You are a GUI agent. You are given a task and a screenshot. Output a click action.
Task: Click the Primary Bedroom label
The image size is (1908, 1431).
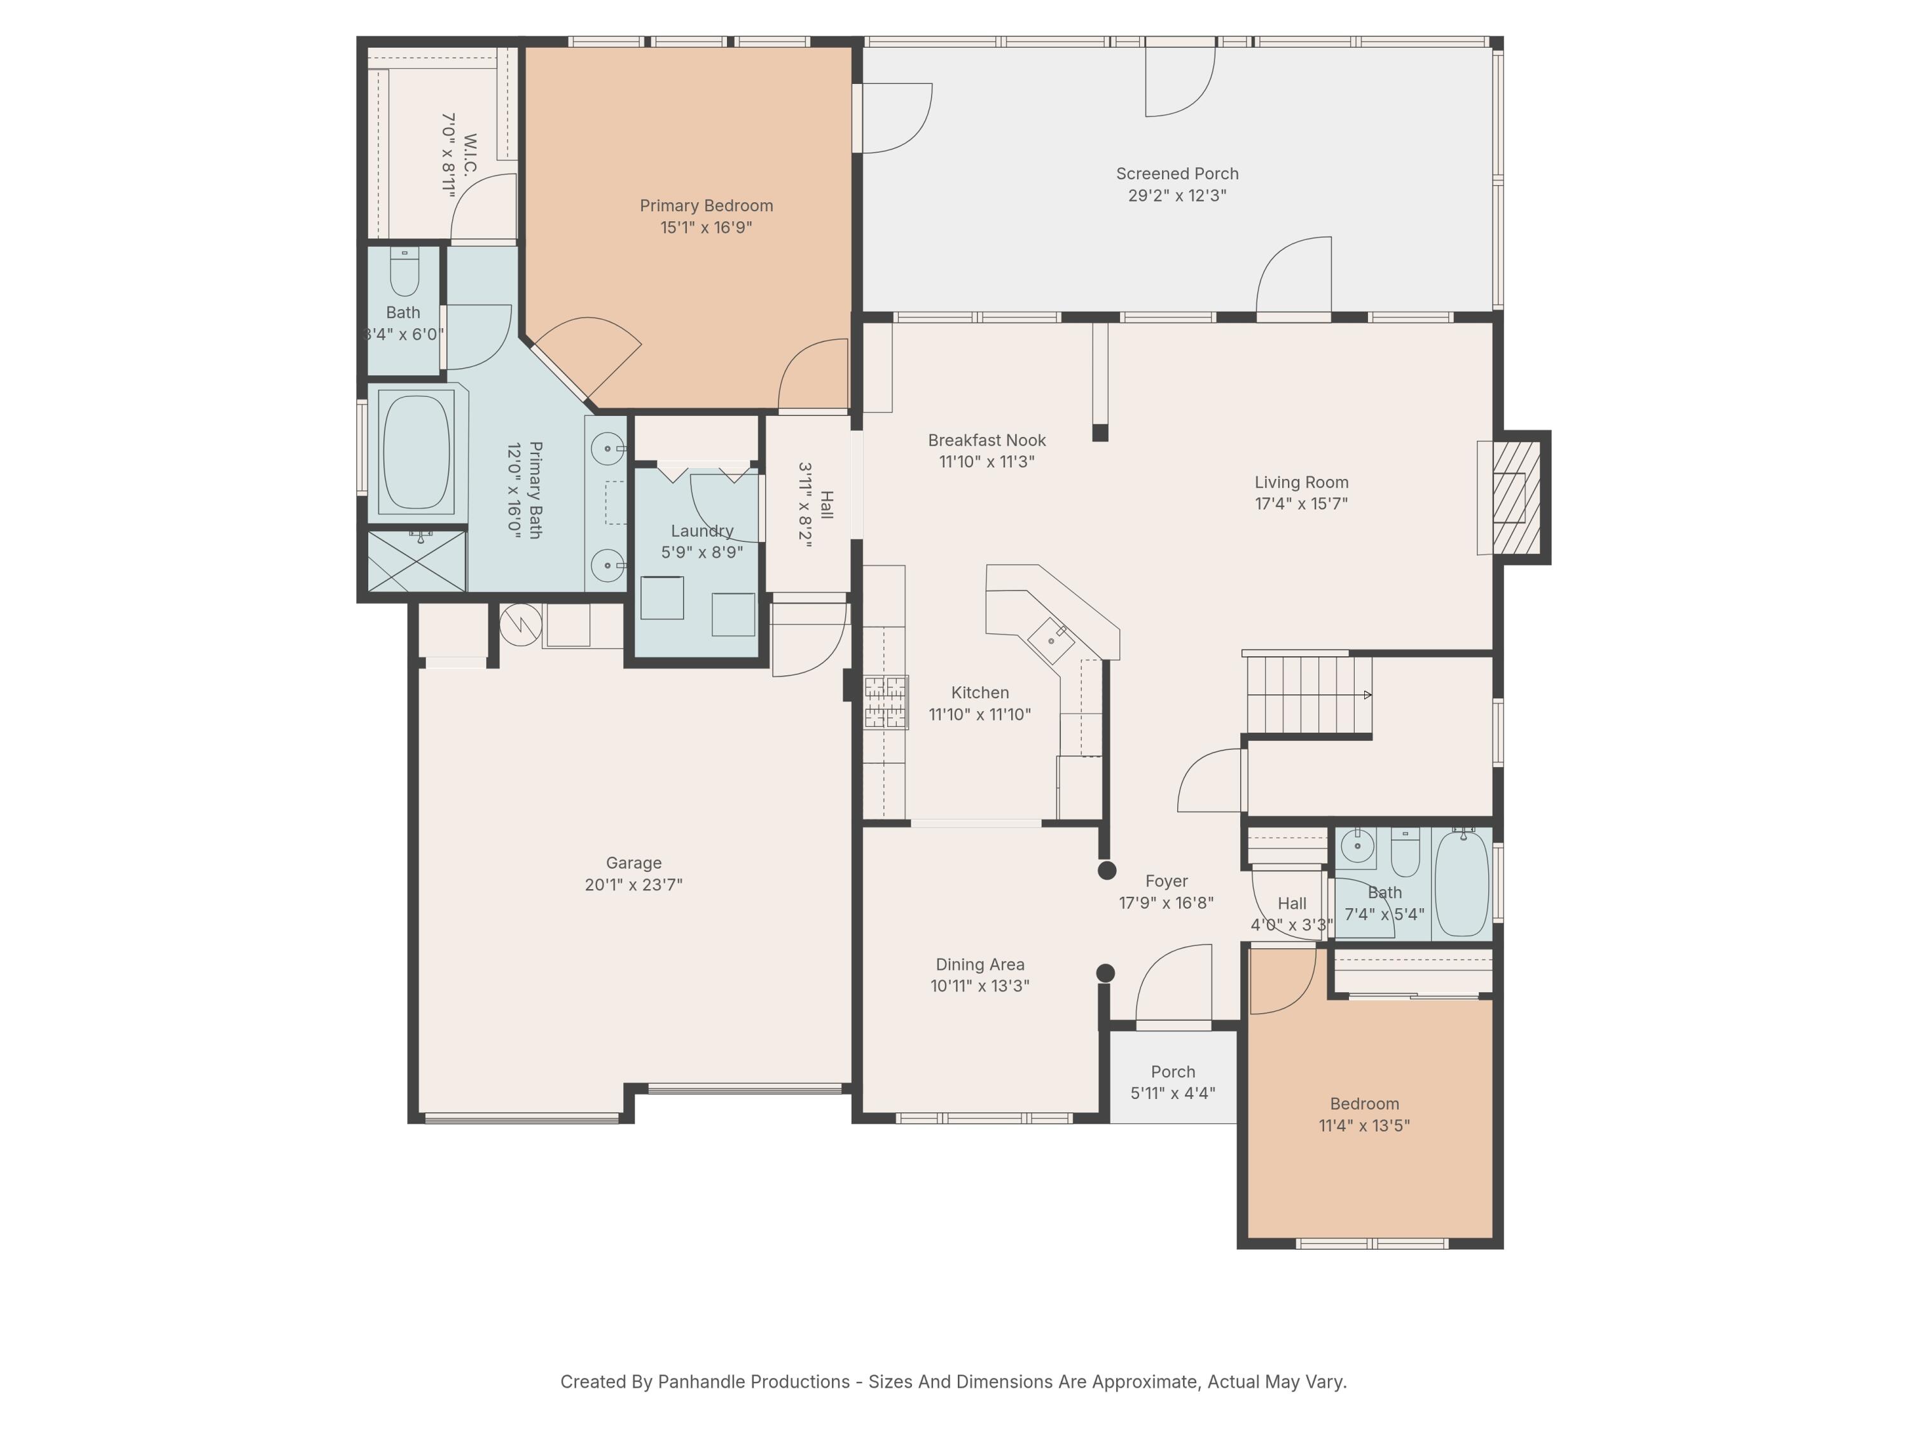(705, 205)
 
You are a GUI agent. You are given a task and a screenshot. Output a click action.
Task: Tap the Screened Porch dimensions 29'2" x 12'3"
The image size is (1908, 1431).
(1177, 196)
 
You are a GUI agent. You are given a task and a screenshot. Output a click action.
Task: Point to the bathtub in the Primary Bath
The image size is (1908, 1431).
(417, 453)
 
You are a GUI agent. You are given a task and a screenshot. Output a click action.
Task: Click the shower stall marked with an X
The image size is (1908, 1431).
(417, 562)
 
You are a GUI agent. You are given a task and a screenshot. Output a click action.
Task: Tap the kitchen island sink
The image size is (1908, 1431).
(1051, 640)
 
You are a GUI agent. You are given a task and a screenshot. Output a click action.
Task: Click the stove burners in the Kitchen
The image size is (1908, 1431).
(886, 702)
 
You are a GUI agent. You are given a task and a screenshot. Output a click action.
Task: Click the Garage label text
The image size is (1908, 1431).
(633, 862)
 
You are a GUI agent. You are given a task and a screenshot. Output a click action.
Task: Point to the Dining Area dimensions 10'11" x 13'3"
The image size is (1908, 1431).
(980, 986)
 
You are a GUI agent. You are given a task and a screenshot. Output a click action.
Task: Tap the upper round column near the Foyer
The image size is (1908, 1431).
(1107, 870)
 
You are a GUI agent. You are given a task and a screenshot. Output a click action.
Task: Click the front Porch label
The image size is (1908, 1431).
(1172, 1071)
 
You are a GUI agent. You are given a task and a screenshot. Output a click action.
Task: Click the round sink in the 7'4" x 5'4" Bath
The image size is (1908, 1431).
(1358, 846)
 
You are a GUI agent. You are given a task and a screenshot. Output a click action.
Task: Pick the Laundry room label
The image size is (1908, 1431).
(702, 530)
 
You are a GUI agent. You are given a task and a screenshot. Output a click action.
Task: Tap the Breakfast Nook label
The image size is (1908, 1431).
(987, 440)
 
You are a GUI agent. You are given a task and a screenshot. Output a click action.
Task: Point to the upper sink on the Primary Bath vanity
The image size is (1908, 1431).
(608, 448)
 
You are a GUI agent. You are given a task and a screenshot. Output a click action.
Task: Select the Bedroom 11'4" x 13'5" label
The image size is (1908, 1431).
(1364, 1103)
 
